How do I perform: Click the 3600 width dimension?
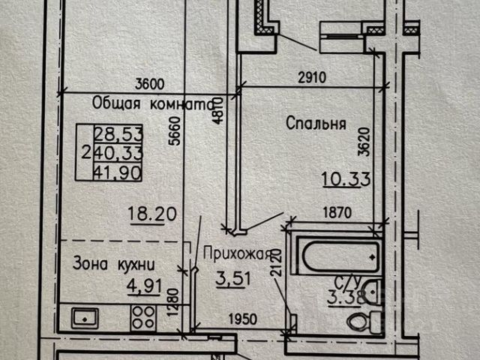150,84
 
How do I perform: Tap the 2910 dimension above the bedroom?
312,77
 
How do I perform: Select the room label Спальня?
316,123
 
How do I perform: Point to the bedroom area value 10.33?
346,179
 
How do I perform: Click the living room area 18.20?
152,214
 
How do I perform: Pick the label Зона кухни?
113,264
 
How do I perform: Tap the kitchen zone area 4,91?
144,286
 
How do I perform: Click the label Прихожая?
238,254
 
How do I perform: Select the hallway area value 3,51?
233,279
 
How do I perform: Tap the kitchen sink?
85,318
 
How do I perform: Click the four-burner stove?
143,318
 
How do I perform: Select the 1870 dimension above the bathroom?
337,213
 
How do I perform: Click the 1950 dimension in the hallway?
243,319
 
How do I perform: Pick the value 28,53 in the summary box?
118,133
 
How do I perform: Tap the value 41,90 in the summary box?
118,172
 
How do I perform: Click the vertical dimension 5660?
175,130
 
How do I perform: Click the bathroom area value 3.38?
346,297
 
